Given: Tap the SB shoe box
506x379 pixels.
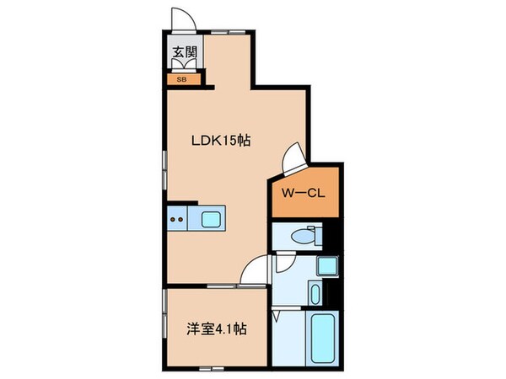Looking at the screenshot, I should (x=181, y=80).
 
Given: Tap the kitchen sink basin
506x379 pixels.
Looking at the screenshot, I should (x=209, y=220).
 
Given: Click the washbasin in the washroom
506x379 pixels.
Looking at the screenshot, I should (x=315, y=294).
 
